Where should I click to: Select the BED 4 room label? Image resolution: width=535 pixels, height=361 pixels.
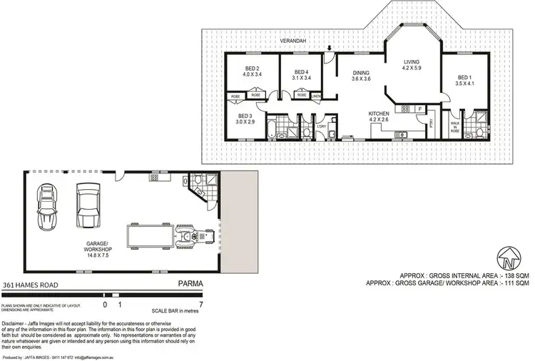pos(302,70)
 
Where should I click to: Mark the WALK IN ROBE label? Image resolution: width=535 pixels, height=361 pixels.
pos(454,128)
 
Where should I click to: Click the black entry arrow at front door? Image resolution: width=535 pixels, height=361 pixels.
pos(328,49)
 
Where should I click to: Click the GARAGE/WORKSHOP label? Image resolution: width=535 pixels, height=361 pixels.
pos(99,246)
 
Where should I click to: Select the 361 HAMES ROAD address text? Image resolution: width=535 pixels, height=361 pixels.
pos(30,284)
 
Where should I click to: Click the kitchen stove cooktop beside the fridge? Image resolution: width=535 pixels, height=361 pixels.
pos(405,108)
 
